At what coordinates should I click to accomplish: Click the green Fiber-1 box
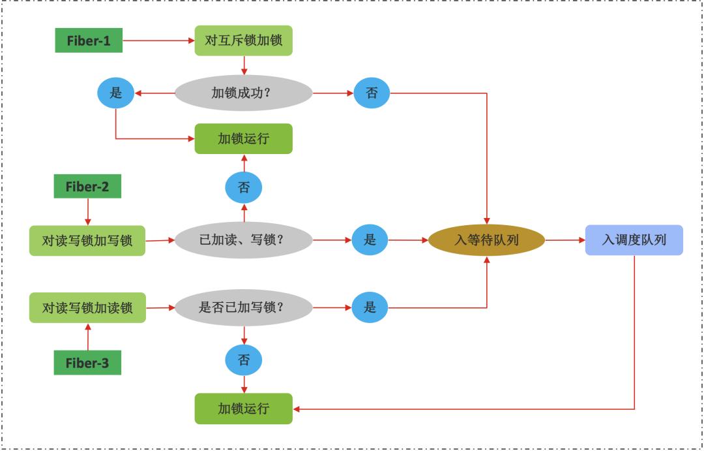(88, 41)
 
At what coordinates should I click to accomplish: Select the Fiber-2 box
(87, 187)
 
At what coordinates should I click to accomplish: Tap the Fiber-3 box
(87, 363)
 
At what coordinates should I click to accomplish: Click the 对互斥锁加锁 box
(244, 40)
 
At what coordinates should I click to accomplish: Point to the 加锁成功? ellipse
(244, 93)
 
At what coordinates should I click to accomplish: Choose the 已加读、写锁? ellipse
(244, 240)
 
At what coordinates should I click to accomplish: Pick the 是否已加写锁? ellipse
(244, 307)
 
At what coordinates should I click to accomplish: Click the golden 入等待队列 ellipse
(486, 240)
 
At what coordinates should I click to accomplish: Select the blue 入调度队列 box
(634, 240)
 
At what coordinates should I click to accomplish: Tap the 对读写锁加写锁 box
(87, 241)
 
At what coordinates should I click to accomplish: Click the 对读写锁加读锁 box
(87, 307)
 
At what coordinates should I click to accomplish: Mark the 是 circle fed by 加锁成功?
(115, 93)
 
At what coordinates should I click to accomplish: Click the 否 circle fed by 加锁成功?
(372, 93)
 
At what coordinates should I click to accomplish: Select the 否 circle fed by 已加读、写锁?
(244, 188)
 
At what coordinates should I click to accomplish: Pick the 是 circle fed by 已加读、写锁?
(370, 240)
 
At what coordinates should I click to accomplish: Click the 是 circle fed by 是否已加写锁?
(370, 307)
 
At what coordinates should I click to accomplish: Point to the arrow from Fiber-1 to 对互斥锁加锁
(158, 40)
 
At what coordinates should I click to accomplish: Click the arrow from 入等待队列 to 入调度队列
(565, 240)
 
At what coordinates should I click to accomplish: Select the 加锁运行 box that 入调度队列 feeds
(244, 409)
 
